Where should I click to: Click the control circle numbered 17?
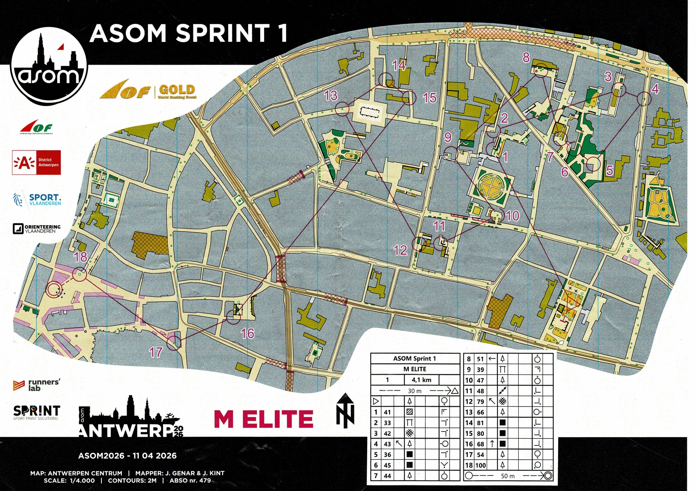tap(174, 343)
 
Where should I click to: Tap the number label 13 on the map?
tap(331, 95)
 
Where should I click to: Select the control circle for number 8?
tap(541, 70)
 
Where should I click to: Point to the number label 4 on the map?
tap(655, 89)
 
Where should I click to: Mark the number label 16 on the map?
tap(248, 333)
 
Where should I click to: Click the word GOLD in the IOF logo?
tap(177, 90)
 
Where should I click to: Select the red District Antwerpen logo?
tap(36, 162)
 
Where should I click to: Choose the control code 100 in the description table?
tap(481, 465)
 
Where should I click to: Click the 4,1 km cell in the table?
tap(422, 380)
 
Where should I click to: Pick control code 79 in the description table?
tap(480, 401)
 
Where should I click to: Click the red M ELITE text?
tap(264, 419)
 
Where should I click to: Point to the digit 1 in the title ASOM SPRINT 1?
tap(283, 33)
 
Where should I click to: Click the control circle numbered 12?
tap(418, 243)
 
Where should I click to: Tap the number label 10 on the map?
tap(512, 216)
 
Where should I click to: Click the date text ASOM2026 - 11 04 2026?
tap(127, 456)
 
